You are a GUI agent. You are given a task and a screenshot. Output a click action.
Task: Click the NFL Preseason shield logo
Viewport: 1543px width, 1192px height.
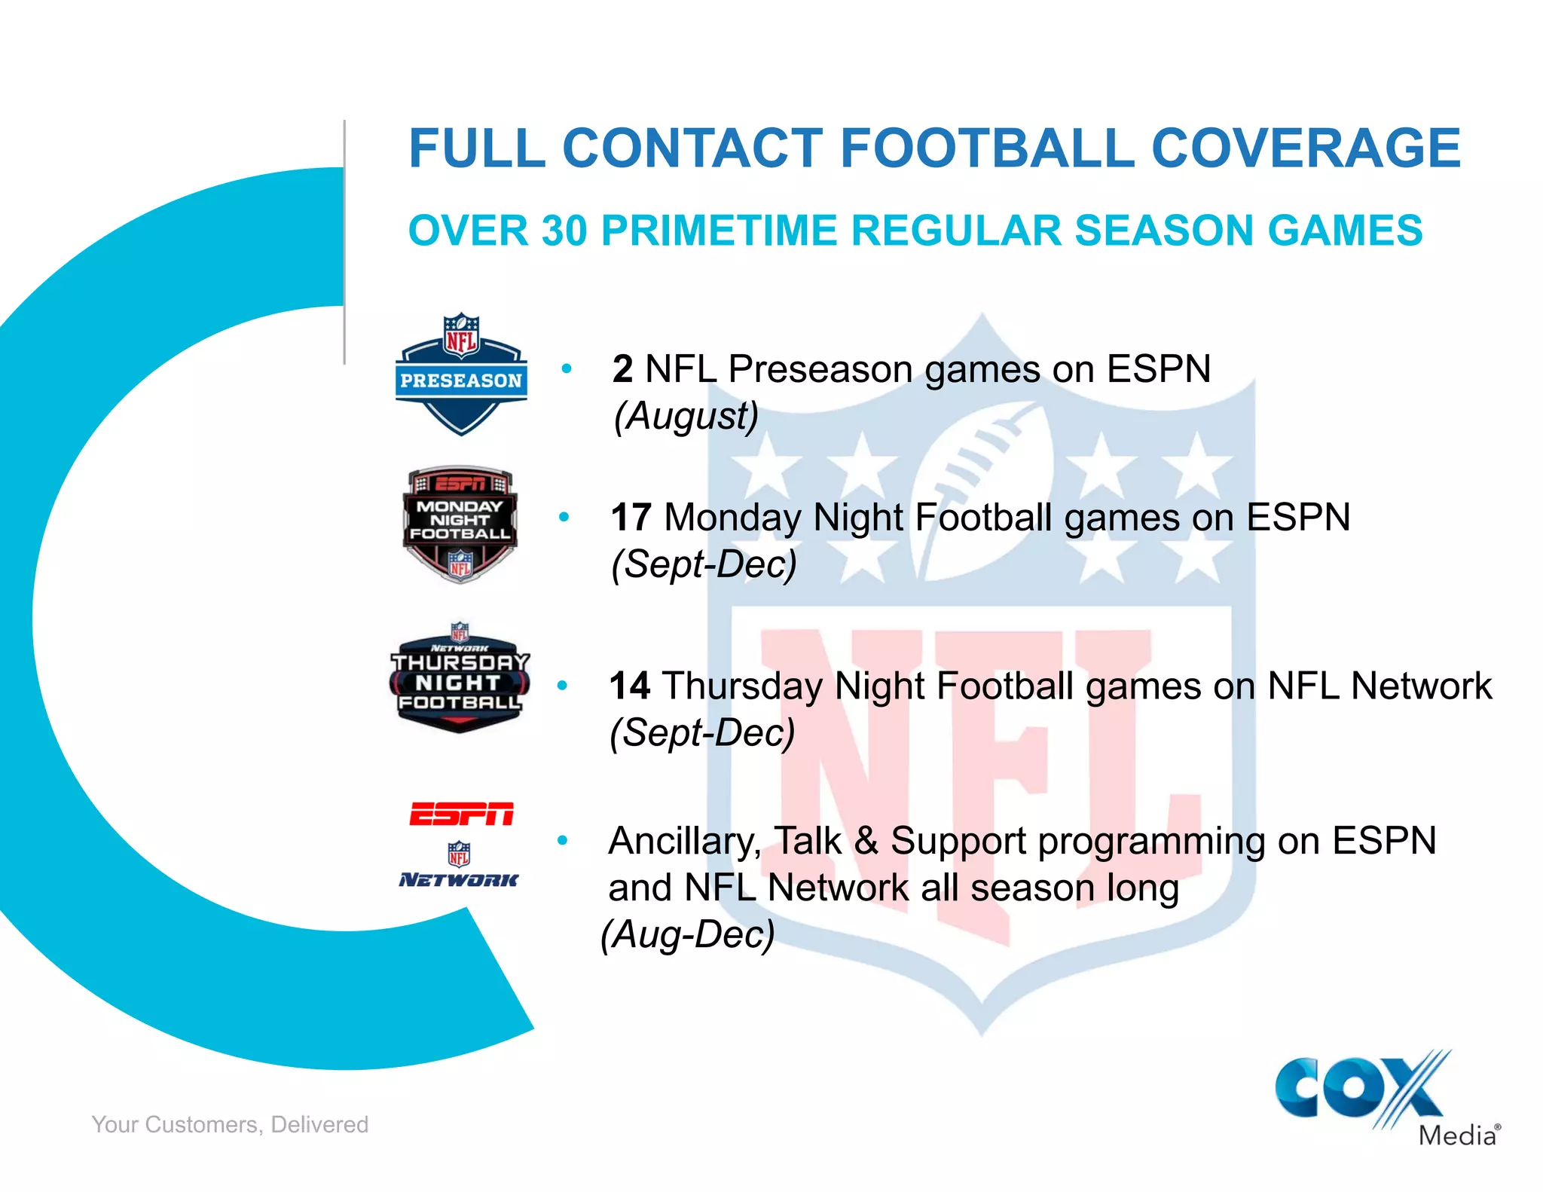click(460, 374)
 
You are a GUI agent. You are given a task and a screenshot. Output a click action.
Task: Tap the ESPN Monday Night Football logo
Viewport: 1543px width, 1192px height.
click(460, 524)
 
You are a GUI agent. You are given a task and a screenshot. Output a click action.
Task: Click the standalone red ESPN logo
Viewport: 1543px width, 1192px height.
click(461, 814)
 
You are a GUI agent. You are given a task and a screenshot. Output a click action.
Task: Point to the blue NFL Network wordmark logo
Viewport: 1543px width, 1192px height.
click(459, 879)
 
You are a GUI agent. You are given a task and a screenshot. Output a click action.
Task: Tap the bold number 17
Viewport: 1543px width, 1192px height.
click(631, 518)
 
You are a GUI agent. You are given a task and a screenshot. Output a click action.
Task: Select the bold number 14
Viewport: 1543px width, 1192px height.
click(629, 686)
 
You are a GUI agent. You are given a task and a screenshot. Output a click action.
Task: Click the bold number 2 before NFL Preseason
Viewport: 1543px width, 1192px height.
click(622, 369)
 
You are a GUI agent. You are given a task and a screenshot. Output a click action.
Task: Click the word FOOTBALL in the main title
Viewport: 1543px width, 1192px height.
click(987, 148)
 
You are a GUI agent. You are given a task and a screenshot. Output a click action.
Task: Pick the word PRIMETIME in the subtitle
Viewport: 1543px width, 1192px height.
click(719, 231)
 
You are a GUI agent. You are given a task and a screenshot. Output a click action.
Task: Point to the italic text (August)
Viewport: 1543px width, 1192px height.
click(686, 416)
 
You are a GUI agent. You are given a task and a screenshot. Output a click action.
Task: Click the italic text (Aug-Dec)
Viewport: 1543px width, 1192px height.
click(687, 934)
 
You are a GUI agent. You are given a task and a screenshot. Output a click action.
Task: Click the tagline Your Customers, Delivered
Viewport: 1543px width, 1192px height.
click(230, 1124)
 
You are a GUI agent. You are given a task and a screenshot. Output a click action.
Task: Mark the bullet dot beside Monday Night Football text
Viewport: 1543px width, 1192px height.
click(564, 517)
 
